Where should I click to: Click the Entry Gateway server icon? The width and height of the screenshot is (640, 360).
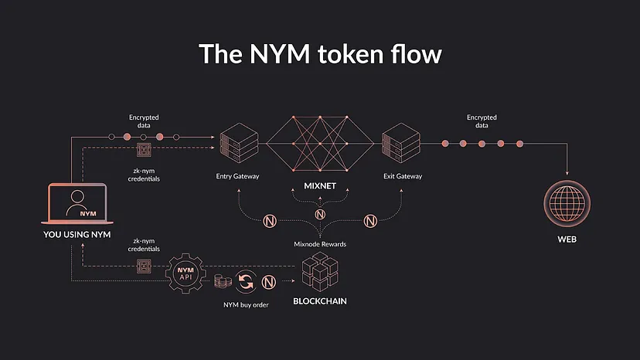click(239, 143)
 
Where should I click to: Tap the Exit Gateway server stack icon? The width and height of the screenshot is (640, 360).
click(401, 143)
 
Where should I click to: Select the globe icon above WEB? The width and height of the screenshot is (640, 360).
click(567, 203)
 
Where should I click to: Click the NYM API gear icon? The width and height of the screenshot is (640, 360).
click(186, 273)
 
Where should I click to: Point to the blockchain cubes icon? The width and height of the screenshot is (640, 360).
click(320, 271)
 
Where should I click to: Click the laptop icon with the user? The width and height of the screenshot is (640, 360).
click(77, 204)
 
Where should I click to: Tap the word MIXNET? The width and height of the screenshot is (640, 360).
click(320, 186)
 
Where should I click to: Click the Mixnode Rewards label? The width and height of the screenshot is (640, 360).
click(320, 244)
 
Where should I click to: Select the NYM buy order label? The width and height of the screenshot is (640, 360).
click(246, 305)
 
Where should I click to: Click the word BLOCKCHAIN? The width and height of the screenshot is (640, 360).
click(320, 301)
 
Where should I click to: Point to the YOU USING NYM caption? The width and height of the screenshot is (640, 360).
click(77, 235)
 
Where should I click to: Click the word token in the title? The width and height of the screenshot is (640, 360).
click(351, 54)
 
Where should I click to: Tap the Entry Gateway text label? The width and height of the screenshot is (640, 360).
click(237, 176)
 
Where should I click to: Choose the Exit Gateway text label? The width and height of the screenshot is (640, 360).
click(403, 176)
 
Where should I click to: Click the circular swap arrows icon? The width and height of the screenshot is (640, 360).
click(246, 282)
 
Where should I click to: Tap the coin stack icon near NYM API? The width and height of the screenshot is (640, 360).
click(223, 281)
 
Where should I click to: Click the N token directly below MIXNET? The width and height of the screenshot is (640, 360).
click(320, 214)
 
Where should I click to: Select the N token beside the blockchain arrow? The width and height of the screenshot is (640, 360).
click(268, 282)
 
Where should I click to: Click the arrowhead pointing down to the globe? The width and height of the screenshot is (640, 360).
click(567, 173)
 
